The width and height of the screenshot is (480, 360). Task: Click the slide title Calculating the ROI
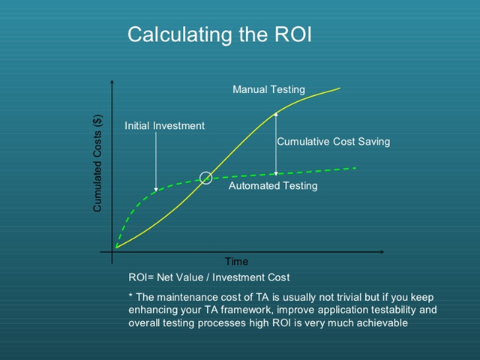coord(219,34)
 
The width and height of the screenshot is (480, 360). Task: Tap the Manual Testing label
coord(268,90)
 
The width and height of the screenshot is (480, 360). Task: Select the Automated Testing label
coord(273,186)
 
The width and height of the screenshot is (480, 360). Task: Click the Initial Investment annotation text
coord(164,126)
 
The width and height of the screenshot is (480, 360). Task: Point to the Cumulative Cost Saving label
coord(333,141)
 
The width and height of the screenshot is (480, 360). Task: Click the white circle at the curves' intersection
coord(205,178)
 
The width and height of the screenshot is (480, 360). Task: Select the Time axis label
coord(236,262)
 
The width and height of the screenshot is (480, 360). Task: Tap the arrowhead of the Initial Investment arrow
coord(156,188)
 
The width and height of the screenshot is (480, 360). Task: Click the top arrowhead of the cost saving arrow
coord(276,114)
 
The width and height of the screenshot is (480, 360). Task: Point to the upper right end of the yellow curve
coord(340,88)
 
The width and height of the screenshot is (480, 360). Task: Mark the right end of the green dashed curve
coord(355,168)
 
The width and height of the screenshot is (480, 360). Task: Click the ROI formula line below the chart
coord(209,277)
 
